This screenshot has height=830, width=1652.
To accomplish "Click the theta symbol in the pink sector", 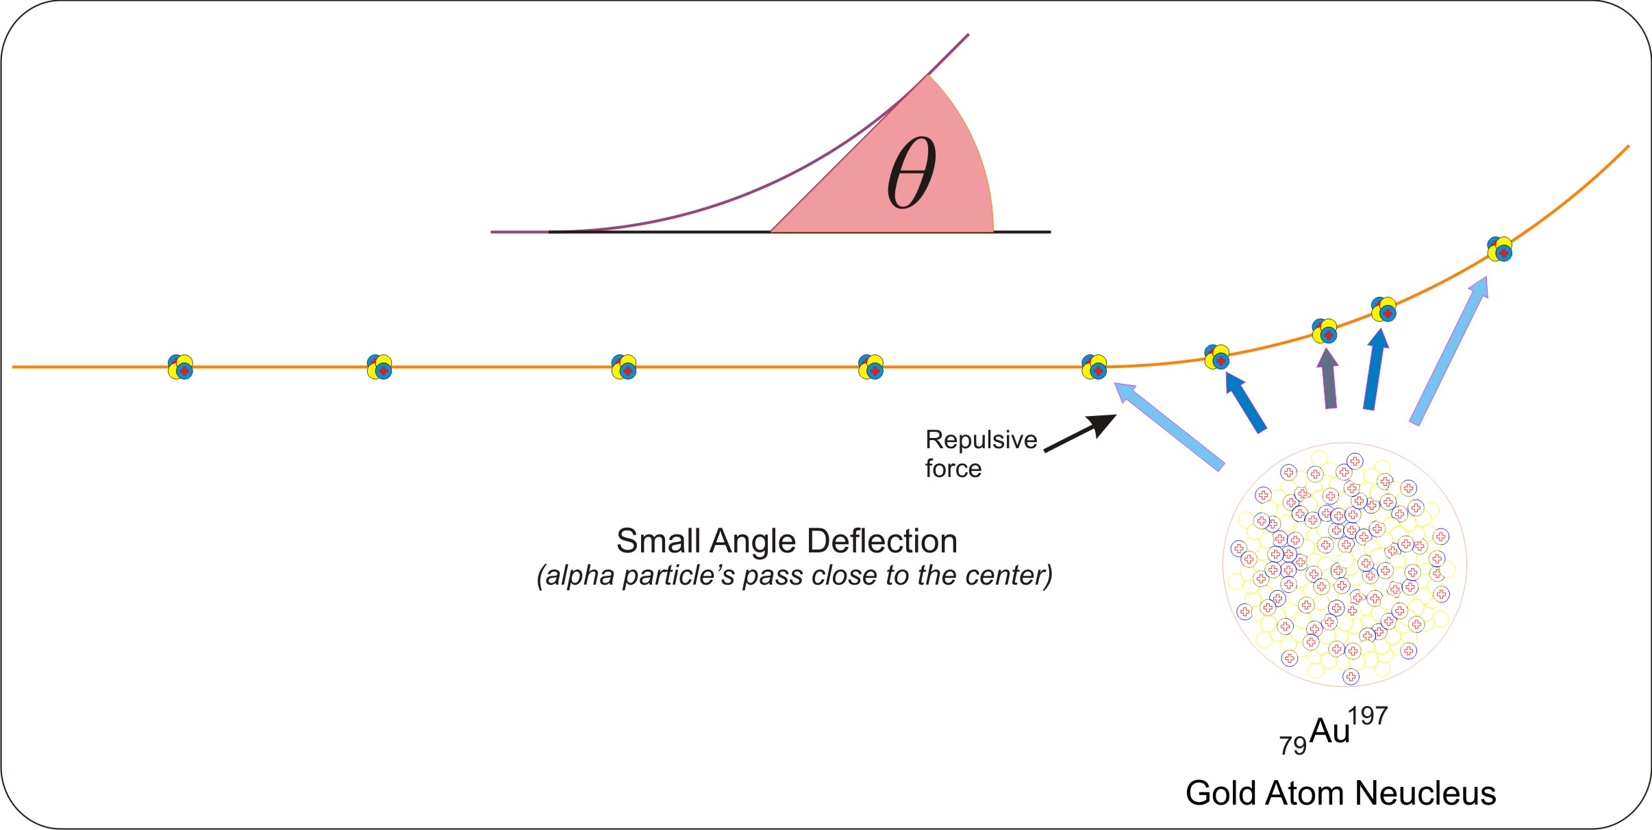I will [x=911, y=173].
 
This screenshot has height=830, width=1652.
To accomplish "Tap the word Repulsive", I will [x=981, y=440].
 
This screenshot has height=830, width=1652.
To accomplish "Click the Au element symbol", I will [x=1329, y=731].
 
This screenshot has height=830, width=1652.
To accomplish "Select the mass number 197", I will [x=1368, y=716].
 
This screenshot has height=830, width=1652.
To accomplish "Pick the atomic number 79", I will [x=1292, y=746].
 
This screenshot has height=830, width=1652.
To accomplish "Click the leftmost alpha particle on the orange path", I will [x=181, y=367].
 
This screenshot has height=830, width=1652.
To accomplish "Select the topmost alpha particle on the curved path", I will [x=1499, y=249].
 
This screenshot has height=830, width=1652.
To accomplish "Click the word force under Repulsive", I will [x=953, y=469].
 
